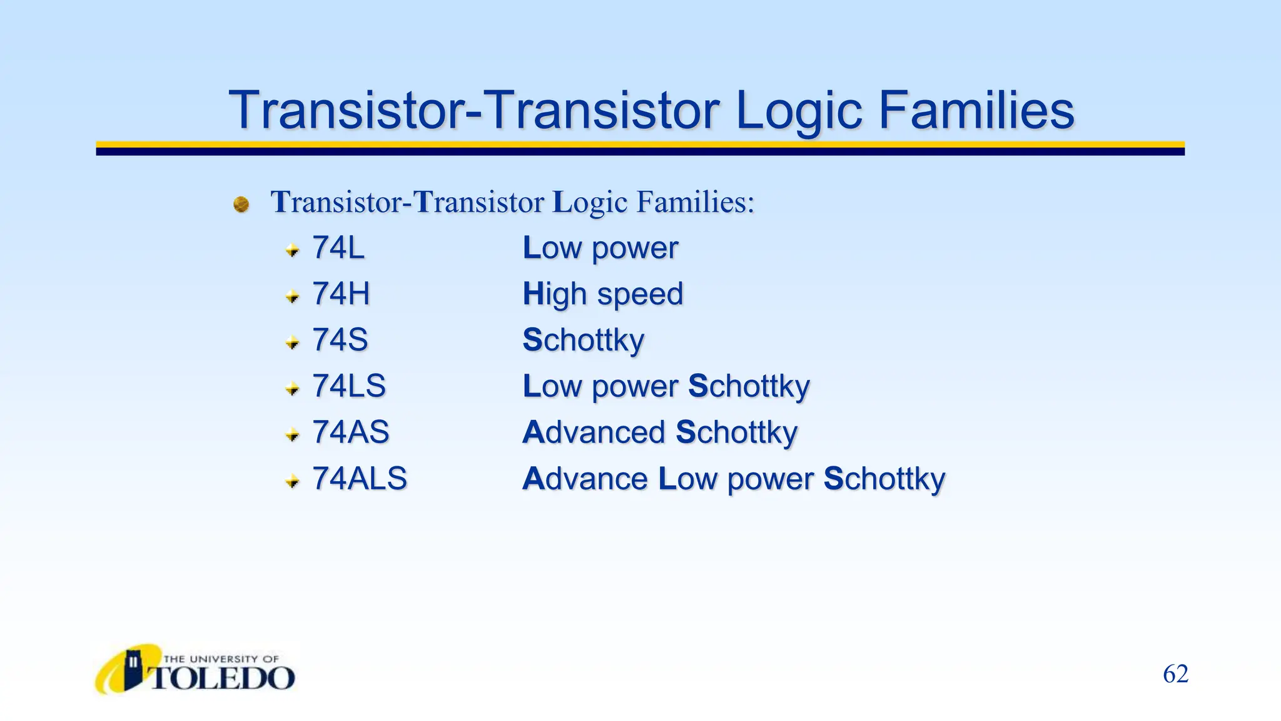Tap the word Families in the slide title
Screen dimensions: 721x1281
(x=976, y=110)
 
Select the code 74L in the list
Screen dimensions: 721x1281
(x=338, y=248)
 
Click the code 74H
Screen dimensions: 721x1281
(x=341, y=294)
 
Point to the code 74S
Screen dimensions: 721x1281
(x=340, y=340)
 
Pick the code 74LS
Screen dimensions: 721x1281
(x=349, y=386)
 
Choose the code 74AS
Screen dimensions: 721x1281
(x=351, y=432)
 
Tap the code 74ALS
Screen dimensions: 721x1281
(x=360, y=478)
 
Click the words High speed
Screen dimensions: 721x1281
(x=603, y=294)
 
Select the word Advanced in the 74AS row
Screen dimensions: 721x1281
(x=594, y=432)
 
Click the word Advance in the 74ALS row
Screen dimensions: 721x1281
(x=585, y=479)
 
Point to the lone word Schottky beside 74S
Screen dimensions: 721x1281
(x=583, y=340)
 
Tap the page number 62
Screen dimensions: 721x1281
(x=1175, y=674)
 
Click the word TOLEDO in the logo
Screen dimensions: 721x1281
(x=222, y=678)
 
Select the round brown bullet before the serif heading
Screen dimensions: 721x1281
(x=241, y=204)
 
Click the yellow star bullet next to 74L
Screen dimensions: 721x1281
(x=292, y=250)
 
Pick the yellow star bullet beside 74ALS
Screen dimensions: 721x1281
(x=292, y=481)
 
